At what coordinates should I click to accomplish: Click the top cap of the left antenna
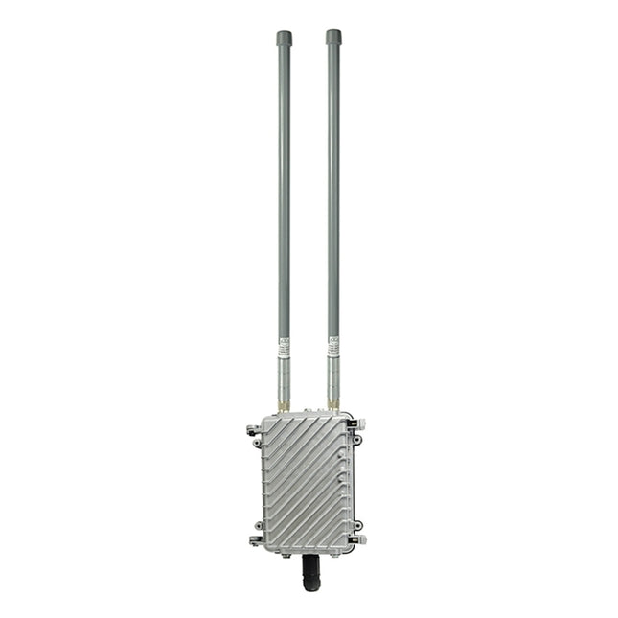click(285, 37)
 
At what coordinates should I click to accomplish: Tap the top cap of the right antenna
click(333, 37)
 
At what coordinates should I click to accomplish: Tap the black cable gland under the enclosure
click(311, 572)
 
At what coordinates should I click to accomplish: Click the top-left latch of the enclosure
click(253, 429)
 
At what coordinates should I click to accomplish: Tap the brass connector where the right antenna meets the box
click(333, 408)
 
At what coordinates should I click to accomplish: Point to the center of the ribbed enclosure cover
click(307, 484)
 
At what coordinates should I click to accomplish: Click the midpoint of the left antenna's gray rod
click(285, 192)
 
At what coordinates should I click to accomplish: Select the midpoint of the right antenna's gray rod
click(333, 192)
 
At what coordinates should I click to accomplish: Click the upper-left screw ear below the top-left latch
click(257, 443)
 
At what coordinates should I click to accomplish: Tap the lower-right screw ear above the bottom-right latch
click(357, 525)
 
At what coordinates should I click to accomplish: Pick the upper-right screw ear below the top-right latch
click(357, 440)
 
